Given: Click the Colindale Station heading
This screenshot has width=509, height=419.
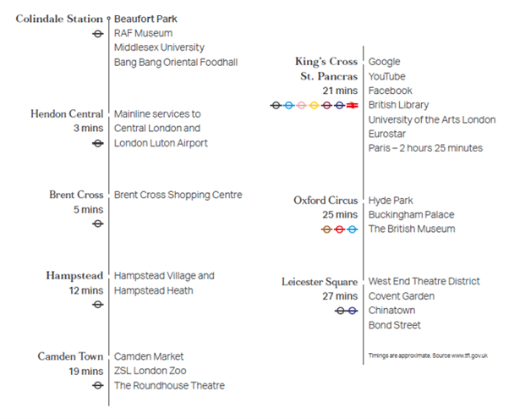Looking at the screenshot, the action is tap(59, 19).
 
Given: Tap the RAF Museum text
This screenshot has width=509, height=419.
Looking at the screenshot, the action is tap(143, 33).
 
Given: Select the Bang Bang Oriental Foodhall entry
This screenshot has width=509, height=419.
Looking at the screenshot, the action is tap(176, 62).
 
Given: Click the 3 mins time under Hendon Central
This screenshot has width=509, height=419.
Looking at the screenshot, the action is tap(88, 128).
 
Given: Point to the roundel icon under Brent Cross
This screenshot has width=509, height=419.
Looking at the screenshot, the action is tap(98, 223).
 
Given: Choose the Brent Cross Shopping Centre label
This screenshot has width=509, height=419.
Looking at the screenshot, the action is tap(178, 195).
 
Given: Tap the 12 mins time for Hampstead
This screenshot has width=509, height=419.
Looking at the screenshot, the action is tap(86, 290).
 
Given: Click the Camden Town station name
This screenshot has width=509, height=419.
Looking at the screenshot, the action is tap(70, 356).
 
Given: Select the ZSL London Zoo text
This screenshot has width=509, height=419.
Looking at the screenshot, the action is tap(151, 371).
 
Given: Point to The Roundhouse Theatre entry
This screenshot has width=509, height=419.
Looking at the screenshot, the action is tap(169, 385).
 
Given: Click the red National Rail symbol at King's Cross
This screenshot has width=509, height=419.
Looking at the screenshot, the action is tap(353, 105).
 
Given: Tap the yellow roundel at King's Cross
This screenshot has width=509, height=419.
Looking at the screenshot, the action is tap(314, 105).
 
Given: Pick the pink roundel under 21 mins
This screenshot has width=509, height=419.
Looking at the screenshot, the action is tap(302, 105).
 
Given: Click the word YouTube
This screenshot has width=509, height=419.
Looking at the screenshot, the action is tap(387, 76).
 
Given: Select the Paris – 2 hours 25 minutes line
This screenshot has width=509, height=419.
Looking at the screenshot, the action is tap(425, 148).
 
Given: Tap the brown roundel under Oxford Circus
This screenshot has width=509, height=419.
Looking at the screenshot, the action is tap(327, 229).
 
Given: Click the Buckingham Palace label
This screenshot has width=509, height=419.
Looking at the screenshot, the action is tap(411, 214).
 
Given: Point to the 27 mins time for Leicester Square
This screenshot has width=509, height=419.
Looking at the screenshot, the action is tap(340, 295).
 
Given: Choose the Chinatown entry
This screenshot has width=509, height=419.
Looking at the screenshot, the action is tap(391, 311).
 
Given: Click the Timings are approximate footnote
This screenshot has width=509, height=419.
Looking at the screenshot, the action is tap(428, 356).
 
